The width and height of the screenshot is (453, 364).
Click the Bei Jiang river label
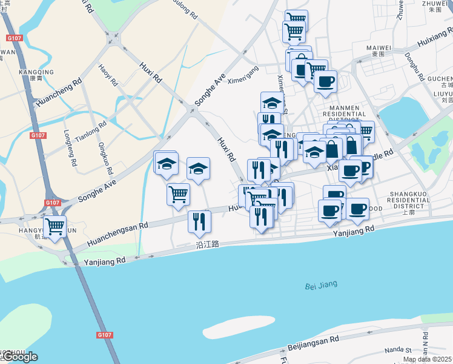(x=321, y=285)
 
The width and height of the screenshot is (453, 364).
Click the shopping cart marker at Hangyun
(x=55, y=227)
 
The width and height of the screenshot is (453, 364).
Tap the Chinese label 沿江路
(x=207, y=244)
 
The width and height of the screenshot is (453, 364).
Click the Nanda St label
(x=398, y=350)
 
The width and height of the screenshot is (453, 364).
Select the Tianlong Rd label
(x=94, y=129)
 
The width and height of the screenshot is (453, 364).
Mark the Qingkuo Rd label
(x=102, y=155)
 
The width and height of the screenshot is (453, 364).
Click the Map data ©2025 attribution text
(x=428, y=359)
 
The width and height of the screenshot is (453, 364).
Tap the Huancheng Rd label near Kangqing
(x=58, y=93)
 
